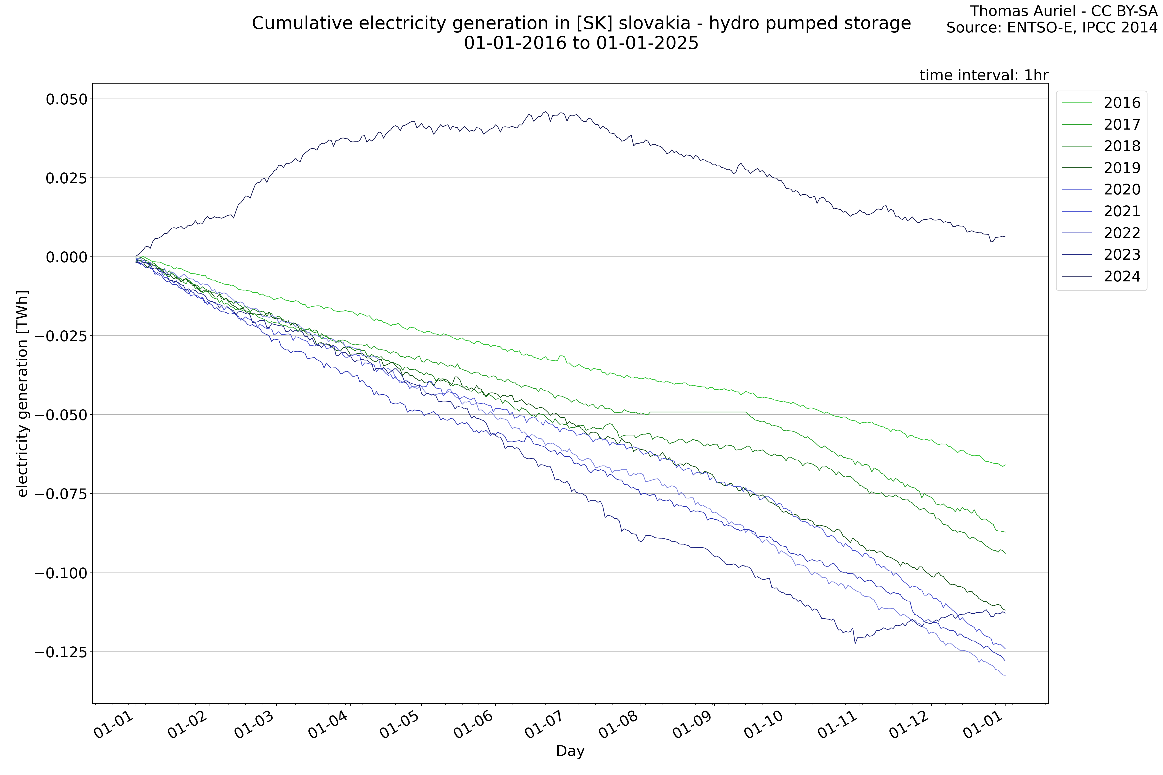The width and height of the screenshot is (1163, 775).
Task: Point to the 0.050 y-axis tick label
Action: [x=66, y=99]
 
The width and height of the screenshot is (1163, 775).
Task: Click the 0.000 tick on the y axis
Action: [x=66, y=257]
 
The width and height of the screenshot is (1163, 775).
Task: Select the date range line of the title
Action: [x=581, y=43]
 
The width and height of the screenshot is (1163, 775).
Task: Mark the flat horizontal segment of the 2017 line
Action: [x=697, y=412]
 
